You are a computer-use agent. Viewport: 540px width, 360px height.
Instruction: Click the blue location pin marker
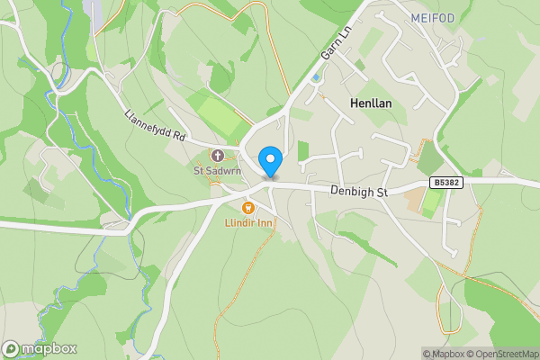[x=270, y=162]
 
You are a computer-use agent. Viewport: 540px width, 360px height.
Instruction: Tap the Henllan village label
[x=371, y=104]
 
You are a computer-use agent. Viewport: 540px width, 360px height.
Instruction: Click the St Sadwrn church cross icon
[x=218, y=154]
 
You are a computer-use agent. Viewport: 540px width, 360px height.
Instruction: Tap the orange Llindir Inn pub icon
[x=249, y=209]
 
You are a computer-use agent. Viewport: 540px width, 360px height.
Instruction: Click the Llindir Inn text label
[x=248, y=222]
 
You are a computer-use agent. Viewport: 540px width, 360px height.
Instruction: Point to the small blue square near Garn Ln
[x=315, y=78]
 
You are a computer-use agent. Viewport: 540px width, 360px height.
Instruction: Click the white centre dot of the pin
[x=270, y=158]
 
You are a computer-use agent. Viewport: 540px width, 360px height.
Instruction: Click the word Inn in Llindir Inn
[x=264, y=222]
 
